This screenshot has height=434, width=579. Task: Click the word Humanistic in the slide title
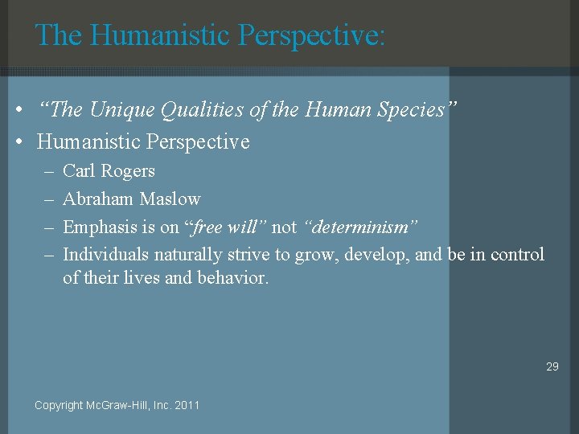158,35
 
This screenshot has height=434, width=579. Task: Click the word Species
410,110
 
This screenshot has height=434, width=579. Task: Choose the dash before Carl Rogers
47,171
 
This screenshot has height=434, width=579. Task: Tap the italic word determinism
361,227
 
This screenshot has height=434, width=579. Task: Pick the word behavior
233,279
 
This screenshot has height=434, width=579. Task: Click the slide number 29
552,366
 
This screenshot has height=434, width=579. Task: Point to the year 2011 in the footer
186,405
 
